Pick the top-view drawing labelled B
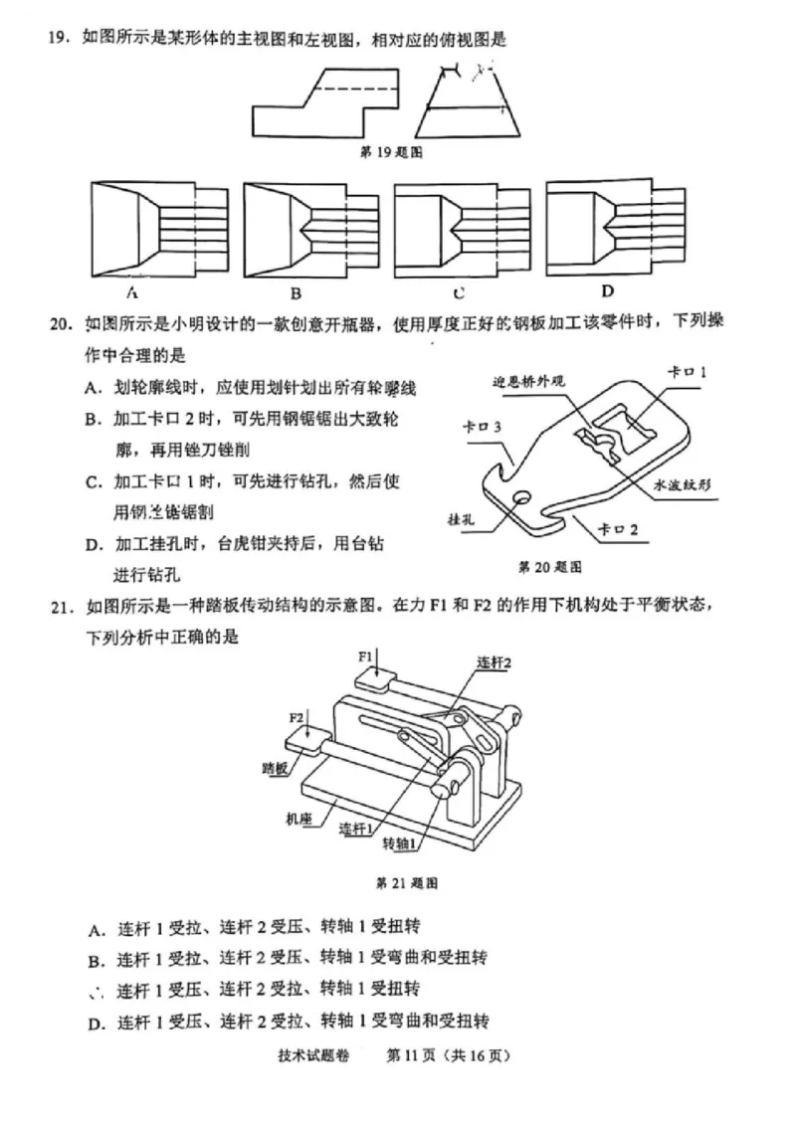coord(297,232)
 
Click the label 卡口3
coord(482,426)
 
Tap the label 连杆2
coord(494,662)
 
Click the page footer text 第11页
coord(415,1056)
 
